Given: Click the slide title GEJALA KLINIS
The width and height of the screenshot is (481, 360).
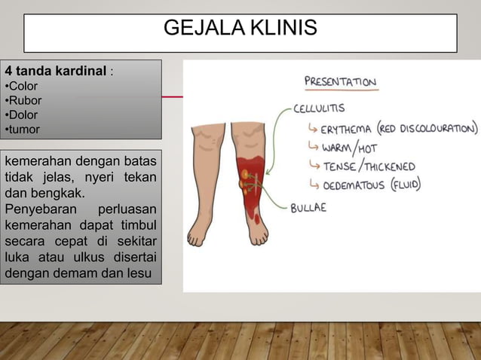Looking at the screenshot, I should [240, 29].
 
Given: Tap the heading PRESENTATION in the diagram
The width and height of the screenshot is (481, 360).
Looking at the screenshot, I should [340, 81].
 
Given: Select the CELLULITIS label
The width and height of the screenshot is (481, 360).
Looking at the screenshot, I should [320, 108].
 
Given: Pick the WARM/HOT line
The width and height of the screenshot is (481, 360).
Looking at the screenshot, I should [350, 148].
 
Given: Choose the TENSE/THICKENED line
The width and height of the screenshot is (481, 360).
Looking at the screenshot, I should [369, 166].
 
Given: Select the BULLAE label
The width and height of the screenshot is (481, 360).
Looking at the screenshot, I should [308, 208].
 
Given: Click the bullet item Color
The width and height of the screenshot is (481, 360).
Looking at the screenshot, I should [23, 87].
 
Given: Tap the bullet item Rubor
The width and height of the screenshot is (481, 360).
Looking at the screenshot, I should [25, 101].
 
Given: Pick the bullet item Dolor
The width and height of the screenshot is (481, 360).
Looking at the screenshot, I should [23, 115].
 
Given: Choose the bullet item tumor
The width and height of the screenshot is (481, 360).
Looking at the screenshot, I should [24, 130].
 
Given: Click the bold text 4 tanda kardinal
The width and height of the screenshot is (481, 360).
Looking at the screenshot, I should [56, 72].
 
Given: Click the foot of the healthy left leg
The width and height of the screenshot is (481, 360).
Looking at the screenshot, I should [198, 234].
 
